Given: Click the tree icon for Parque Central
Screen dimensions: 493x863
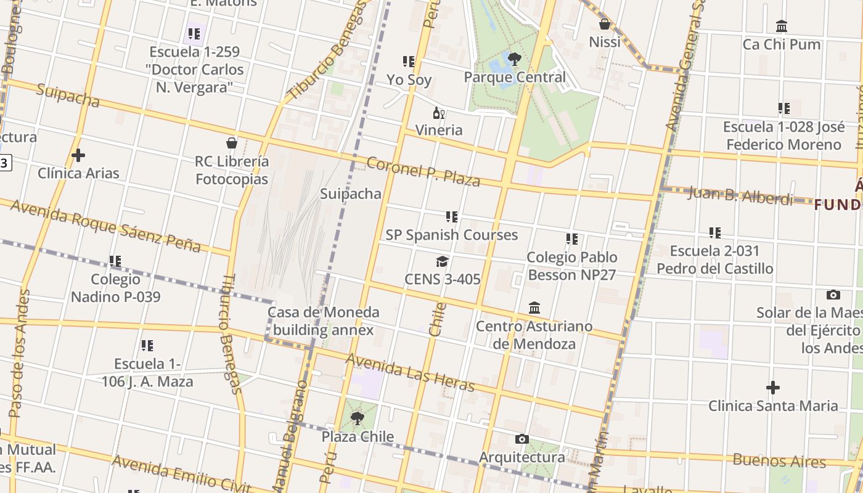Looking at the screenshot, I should click(514, 59).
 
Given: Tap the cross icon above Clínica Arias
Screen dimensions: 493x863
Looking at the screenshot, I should click(78, 155).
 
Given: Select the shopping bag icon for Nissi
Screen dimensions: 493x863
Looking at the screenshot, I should click(605, 24).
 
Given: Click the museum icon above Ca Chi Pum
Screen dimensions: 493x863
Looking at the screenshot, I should click(782, 26).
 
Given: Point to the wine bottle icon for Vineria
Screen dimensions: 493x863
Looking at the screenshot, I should click(439, 113).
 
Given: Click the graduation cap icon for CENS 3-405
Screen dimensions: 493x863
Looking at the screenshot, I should click(442, 262).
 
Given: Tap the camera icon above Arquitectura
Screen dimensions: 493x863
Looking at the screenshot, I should click(522, 439).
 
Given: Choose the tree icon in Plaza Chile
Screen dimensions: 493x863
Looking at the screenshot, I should click(357, 419).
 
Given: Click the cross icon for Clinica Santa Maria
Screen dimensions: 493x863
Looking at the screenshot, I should click(773, 388).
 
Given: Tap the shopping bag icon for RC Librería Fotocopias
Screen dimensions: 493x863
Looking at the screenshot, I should click(232, 144).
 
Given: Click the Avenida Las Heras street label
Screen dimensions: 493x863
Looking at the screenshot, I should click(410, 373).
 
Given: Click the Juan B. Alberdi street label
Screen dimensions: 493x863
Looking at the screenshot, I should click(740, 196).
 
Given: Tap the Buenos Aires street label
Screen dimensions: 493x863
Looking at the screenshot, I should click(779, 460).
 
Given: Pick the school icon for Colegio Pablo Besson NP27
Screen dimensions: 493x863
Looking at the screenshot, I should click(572, 239).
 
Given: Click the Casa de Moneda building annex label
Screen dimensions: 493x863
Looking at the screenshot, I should click(324, 321).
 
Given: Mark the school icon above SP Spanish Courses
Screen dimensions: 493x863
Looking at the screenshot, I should click(452, 217).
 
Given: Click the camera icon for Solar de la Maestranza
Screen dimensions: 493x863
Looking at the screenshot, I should click(833, 295).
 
